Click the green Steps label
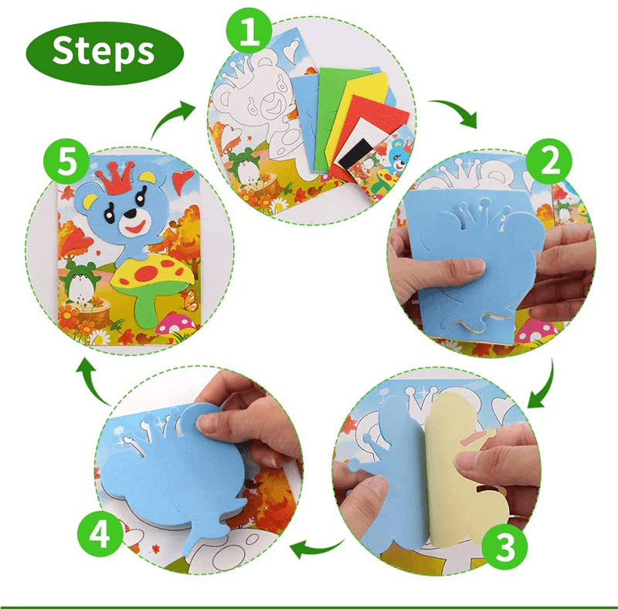coord(104,52)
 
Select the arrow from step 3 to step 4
coord(317,549)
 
